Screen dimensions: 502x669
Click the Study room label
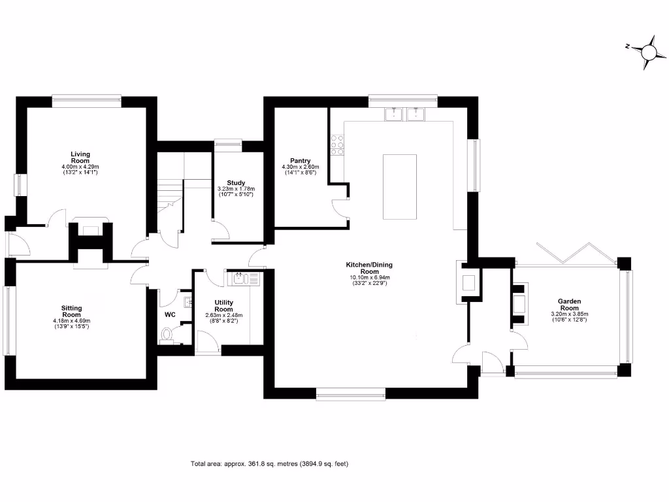236,183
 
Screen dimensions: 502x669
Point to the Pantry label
301,161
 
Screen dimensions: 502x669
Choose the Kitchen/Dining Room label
370,268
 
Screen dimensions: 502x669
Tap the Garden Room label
569,305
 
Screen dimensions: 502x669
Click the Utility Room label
224,306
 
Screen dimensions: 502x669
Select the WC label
170,314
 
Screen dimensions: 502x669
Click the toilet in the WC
168,337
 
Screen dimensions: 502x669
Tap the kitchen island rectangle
399,187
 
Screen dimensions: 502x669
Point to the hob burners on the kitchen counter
338,145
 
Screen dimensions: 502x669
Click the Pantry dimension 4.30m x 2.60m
301,167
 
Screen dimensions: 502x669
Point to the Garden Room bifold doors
575,253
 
